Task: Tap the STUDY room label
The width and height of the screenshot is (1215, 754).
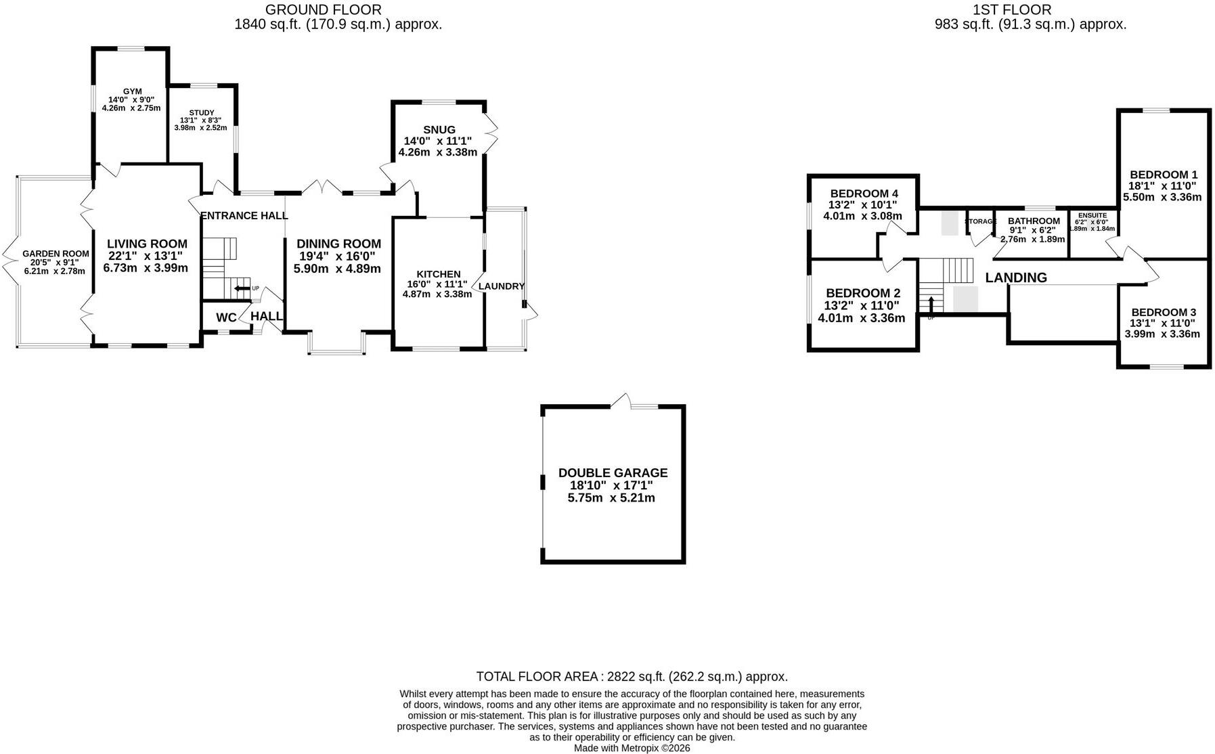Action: pos(202,112)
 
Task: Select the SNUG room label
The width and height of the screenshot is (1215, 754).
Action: pos(439,129)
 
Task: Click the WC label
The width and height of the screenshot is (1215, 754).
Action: pos(226,317)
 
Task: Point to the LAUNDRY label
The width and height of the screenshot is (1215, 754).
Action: pos(502,286)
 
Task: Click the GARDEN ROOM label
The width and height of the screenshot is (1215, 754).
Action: pos(56,254)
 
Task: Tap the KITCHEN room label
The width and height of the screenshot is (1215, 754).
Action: pos(439,274)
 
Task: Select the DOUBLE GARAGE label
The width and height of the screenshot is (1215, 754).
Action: pos(613,472)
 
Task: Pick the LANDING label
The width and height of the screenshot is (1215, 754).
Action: pos(1016,278)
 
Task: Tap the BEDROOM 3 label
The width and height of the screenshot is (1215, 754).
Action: pos(1164,312)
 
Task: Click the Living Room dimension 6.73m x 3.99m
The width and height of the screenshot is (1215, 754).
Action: pos(146,268)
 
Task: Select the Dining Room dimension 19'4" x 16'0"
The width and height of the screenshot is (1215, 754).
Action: pos(337,257)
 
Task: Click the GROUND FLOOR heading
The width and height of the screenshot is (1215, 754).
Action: pos(324,9)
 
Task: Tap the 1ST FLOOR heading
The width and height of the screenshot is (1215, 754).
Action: pos(1013,9)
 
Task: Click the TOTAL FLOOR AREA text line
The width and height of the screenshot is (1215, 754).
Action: pos(632,676)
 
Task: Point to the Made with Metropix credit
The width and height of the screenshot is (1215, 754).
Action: pos(632,748)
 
